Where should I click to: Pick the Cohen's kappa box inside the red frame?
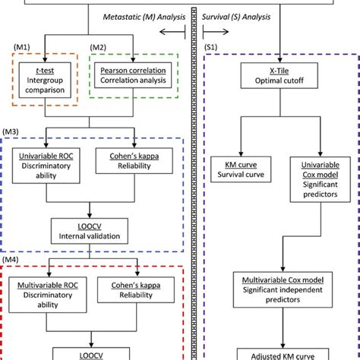point(136,293)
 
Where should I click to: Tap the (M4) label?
point(11,261)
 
